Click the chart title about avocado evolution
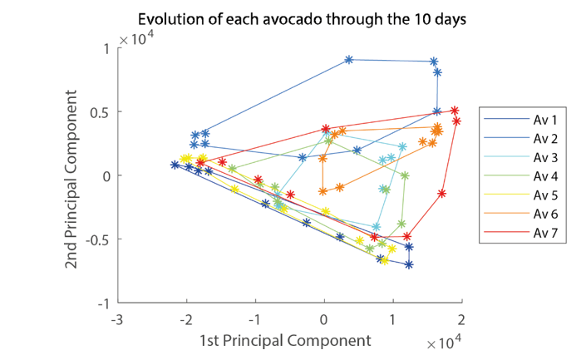pyautogui.click(x=302, y=18)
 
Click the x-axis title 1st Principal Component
pyautogui.click(x=284, y=341)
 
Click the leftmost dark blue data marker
pyautogui.click(x=175, y=165)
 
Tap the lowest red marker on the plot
pyautogui.click(x=406, y=237)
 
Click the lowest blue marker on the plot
pyautogui.click(x=409, y=265)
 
